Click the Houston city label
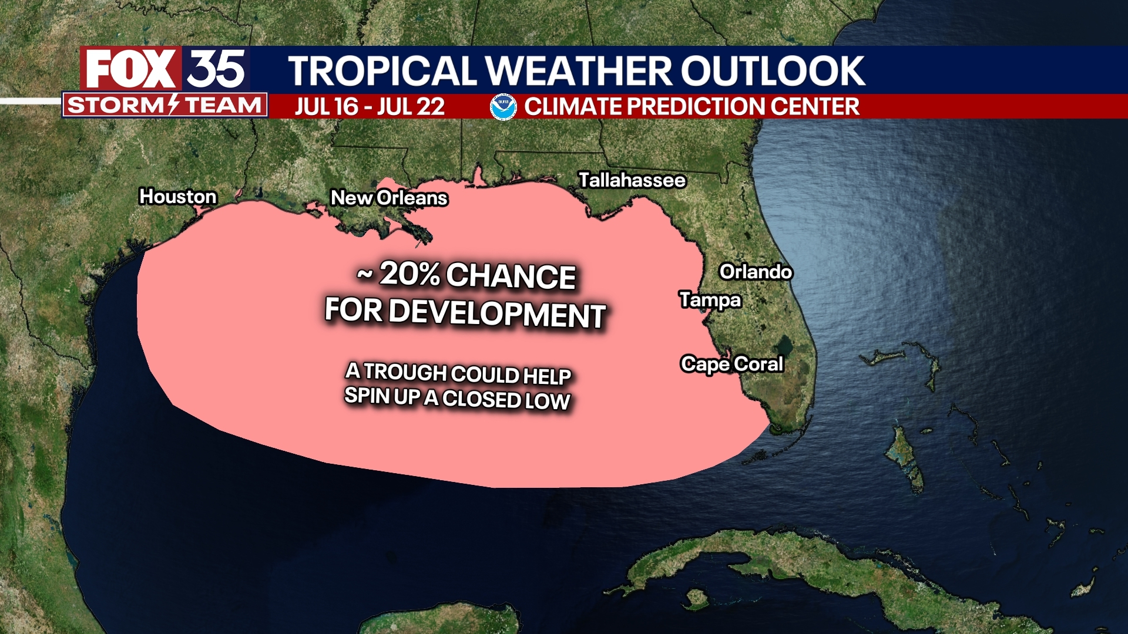(x=177, y=197)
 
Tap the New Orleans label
(x=389, y=198)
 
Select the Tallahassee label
(x=632, y=180)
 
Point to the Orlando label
(x=756, y=272)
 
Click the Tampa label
(x=710, y=300)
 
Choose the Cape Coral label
(x=731, y=364)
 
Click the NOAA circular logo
(x=503, y=107)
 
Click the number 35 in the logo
(x=216, y=69)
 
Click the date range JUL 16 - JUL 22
(x=370, y=107)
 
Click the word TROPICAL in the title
(x=382, y=71)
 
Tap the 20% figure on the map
(x=409, y=274)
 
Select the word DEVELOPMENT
(x=496, y=313)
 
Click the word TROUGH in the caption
(x=405, y=372)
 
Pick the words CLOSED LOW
(x=506, y=400)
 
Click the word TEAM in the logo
(x=223, y=105)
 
